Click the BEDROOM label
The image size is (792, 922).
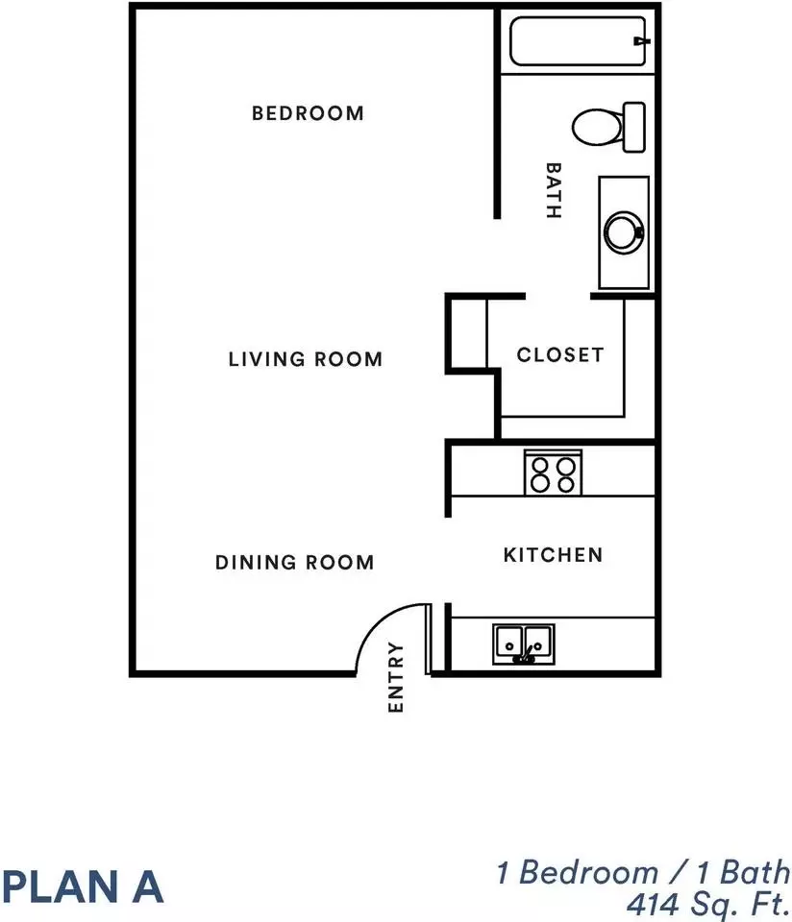308,113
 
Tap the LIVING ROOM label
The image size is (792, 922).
306,358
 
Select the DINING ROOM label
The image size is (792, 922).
295,562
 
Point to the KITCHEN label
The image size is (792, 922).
553,554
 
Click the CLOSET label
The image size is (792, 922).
560,354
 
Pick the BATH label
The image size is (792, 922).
554,191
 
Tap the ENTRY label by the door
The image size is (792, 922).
396,677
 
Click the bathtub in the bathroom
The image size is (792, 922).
578,41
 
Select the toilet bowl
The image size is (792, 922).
597,127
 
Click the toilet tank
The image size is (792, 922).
634,127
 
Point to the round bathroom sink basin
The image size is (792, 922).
625,232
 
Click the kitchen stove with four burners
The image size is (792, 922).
553,473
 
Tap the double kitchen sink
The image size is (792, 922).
524,643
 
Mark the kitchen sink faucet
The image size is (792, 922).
525,655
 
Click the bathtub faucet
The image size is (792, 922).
641,41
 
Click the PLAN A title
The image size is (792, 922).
83,886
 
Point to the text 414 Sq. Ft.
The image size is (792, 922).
708,905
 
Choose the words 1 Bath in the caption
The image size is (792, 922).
744,872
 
